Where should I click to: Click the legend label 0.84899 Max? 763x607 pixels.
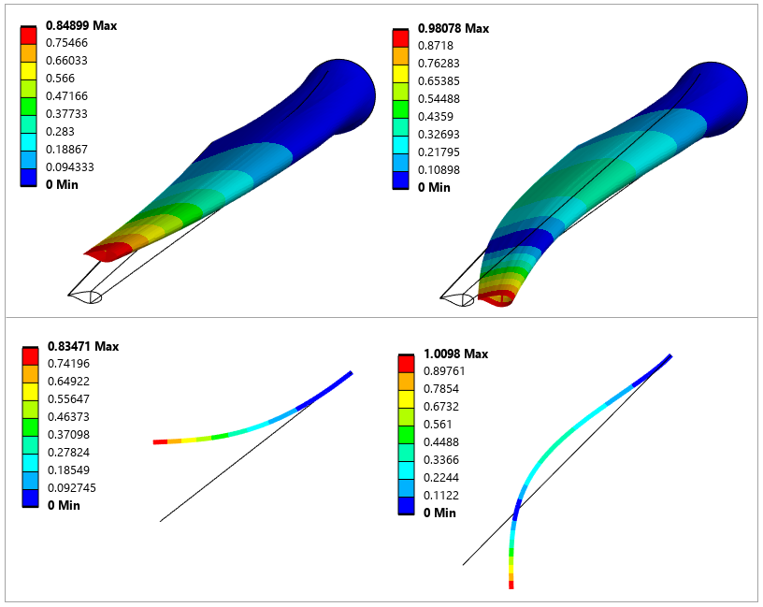point(81,25)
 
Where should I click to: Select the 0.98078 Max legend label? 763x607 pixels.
point(453,28)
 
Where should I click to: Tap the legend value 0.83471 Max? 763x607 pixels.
point(82,346)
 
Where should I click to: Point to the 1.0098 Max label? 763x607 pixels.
point(456,354)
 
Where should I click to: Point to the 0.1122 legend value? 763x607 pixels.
point(437,495)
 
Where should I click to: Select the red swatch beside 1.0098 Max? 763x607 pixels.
point(405,363)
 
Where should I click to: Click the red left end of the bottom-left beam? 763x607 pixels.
point(160,441)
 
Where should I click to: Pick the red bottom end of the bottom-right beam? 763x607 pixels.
point(511,583)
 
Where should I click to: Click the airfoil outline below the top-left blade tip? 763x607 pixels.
point(85,296)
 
